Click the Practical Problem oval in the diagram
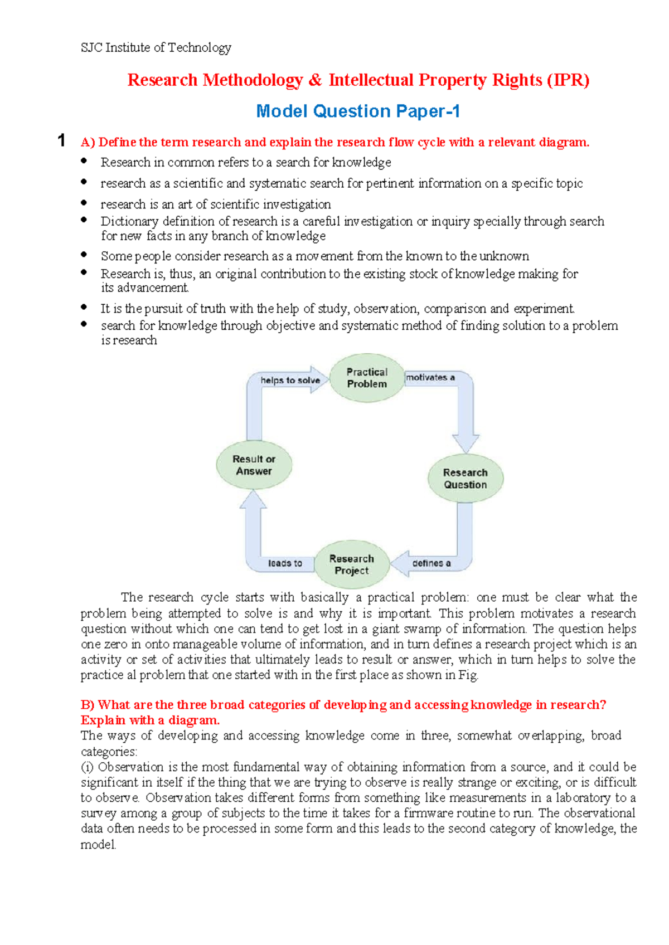click(366, 378)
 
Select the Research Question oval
click(465, 478)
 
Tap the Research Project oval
click(351, 564)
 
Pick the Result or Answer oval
click(254, 465)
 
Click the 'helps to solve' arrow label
click(290, 381)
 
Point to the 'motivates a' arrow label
click(430, 377)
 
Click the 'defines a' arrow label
click(431, 563)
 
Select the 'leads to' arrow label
click(285, 563)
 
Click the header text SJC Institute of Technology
click(156, 48)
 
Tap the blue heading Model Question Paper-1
click(358, 111)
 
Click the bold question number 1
click(61, 140)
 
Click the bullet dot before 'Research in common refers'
click(84, 160)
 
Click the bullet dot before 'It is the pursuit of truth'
click(84, 306)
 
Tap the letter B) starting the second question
click(88, 705)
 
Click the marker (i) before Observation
click(87, 767)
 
